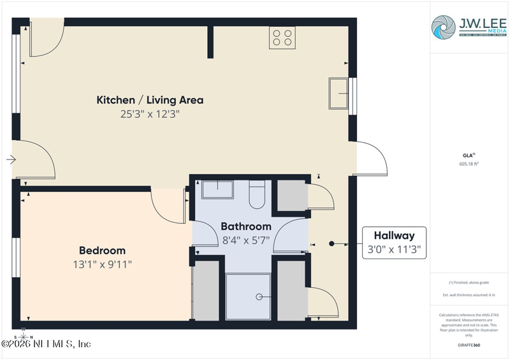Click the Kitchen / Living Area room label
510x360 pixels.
(x=150, y=100)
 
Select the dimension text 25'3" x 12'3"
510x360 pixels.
(x=150, y=114)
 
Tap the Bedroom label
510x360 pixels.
(x=102, y=250)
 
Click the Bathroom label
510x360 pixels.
(x=246, y=226)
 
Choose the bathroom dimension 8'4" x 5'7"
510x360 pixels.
(x=246, y=240)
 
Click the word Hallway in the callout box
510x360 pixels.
(x=394, y=235)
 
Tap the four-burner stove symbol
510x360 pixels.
(x=282, y=37)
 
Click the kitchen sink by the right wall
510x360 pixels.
(x=339, y=96)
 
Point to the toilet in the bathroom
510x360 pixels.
(x=257, y=194)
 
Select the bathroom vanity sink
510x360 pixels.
(x=217, y=189)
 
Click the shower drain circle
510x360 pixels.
(x=259, y=297)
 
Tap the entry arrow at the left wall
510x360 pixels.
(x=11, y=160)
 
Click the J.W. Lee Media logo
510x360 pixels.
(x=469, y=27)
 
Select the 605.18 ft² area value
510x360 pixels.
(x=469, y=164)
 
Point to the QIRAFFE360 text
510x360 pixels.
(x=469, y=344)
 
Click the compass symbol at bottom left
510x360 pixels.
(x=24, y=336)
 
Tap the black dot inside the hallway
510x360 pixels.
(x=331, y=243)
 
